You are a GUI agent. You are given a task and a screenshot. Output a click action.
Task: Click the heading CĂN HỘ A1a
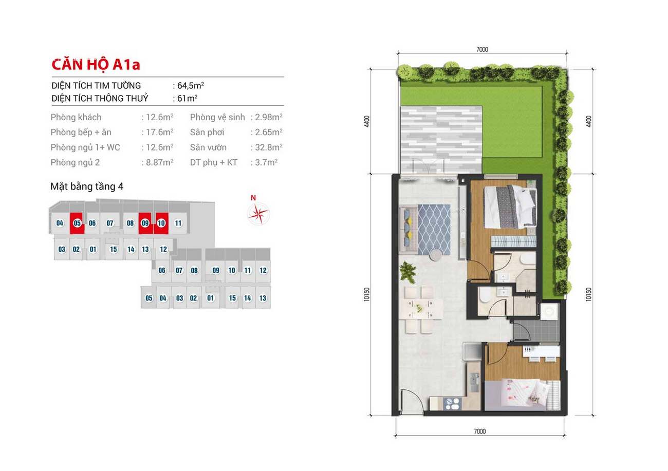tap(96, 65)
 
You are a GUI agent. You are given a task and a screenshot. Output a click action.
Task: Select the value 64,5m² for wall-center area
tap(191, 86)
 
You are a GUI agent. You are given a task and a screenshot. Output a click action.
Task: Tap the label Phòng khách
tap(76, 117)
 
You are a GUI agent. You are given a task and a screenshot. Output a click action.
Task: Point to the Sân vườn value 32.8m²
tap(269, 147)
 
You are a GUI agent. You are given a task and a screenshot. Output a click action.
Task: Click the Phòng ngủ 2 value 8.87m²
tap(159, 162)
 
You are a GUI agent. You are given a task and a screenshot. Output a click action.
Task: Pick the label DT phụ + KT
tap(214, 162)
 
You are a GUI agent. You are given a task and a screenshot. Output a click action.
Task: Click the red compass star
tap(258, 214)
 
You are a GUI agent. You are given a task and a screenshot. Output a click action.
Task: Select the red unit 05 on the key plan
tap(77, 223)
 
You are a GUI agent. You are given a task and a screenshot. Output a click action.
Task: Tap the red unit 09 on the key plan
tap(145, 223)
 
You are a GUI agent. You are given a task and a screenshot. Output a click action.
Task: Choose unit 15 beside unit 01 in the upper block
tap(114, 249)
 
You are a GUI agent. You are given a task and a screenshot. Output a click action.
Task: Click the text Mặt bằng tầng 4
tap(87, 186)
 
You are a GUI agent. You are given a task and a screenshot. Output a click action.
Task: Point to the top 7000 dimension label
tap(482, 49)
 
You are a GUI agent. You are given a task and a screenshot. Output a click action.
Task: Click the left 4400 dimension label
tap(367, 121)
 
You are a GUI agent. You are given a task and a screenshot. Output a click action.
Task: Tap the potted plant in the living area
tap(408, 272)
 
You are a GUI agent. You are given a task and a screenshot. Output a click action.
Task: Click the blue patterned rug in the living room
tap(434, 229)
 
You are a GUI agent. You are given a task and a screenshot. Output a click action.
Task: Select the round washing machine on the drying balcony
tap(549, 311)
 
